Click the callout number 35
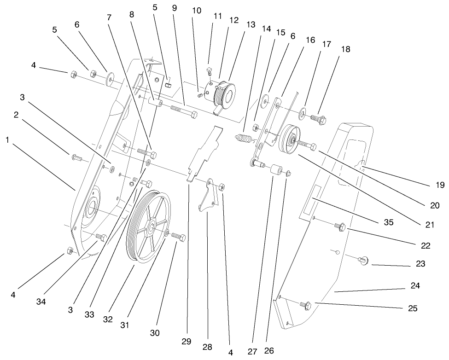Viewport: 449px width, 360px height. (388, 222)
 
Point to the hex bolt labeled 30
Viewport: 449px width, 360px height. (179, 237)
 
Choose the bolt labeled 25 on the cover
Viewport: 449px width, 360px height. (305, 304)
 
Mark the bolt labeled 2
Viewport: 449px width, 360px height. (76, 158)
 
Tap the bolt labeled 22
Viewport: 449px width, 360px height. (341, 226)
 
